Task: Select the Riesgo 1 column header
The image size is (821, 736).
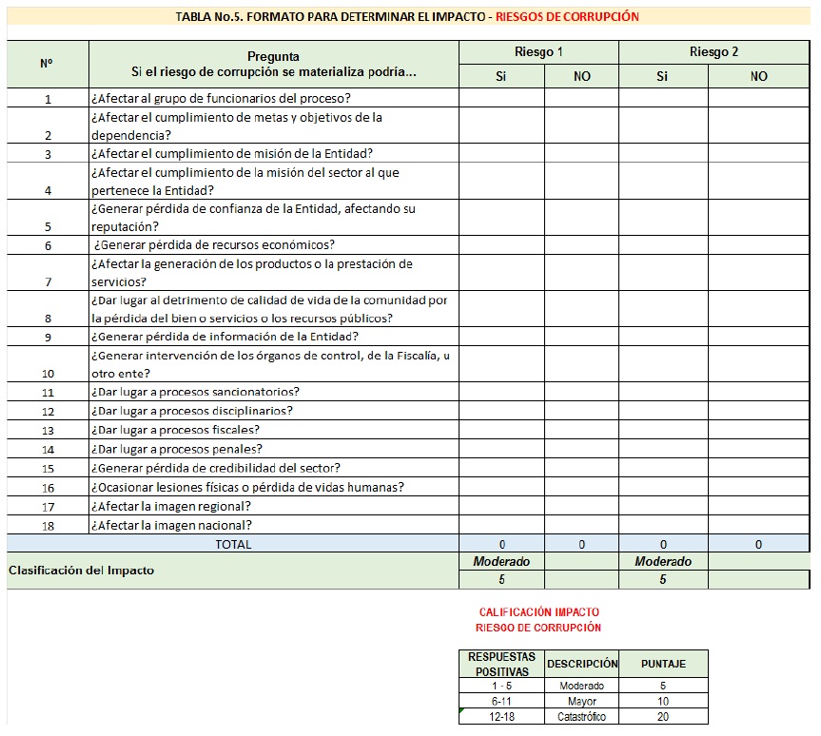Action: pos(538,52)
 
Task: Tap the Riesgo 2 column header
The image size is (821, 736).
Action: pos(713,52)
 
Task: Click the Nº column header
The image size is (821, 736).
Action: pos(47,64)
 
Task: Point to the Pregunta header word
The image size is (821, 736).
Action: pos(273,57)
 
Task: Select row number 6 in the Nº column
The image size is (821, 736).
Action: pos(48,245)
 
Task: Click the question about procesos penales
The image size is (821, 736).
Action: pos(176,449)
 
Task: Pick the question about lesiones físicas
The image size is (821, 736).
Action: pos(247,487)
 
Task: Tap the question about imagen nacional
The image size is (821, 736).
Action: pos(171,525)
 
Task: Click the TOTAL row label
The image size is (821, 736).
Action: pos(233,544)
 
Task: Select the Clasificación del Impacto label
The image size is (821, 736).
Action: pos(81,571)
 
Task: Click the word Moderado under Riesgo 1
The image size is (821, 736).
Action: pos(501,562)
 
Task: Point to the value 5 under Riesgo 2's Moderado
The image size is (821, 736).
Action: pos(662,579)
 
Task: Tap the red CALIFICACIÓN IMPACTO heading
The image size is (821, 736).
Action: pos(538,612)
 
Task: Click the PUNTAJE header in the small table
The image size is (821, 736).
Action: pos(662,664)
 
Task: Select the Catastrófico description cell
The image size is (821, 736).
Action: pos(581,717)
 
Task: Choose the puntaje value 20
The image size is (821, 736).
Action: pos(662,717)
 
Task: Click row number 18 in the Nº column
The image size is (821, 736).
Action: pos(48,525)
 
